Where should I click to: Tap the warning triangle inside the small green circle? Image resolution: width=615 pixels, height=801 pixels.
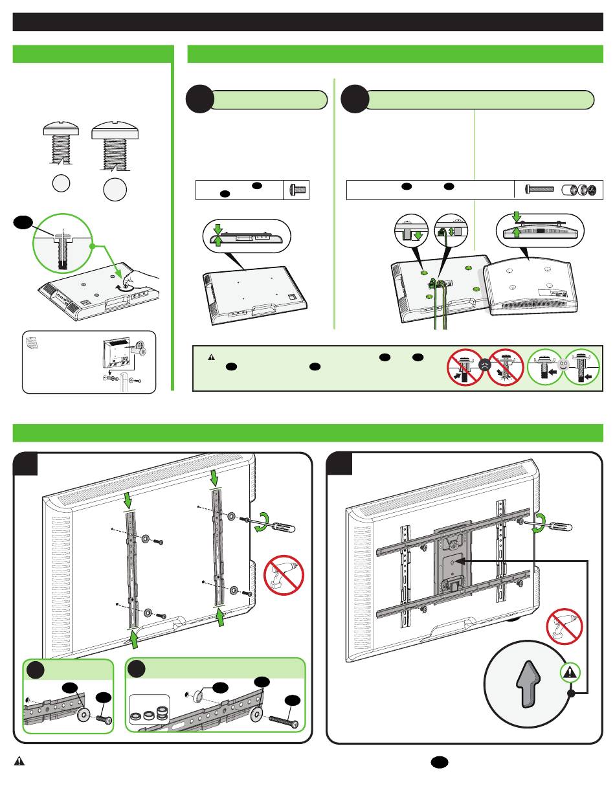coord(568,671)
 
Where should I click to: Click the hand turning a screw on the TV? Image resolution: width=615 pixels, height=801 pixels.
coord(139,279)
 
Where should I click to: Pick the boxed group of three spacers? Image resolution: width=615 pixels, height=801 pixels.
coord(149,712)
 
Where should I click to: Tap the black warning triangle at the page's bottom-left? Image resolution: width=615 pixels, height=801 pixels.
coord(19,762)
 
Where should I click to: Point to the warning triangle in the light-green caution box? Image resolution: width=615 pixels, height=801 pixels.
coord(211,357)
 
